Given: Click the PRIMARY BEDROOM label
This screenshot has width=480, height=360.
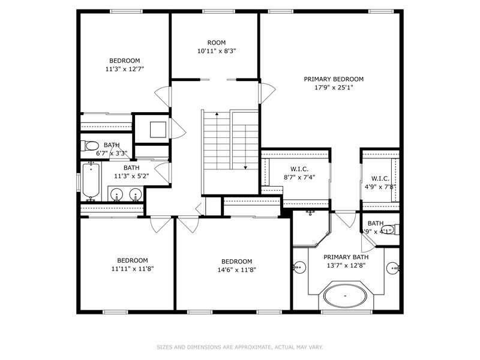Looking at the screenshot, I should pos(334,79).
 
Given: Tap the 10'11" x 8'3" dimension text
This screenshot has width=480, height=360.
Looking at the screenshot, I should pos(217,52).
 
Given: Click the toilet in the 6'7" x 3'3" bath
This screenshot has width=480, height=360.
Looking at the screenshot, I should pos(91,146).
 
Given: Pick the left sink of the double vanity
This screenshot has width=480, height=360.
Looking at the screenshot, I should pos(116,194).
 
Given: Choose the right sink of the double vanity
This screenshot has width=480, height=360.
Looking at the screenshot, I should pos(136,194).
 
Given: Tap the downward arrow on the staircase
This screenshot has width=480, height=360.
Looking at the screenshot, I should pos(245,167).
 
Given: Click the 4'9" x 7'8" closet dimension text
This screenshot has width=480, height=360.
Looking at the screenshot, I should pos(380,187).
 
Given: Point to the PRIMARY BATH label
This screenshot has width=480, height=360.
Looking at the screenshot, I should pos(346,257).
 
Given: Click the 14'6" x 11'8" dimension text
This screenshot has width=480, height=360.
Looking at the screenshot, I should pos(236,270).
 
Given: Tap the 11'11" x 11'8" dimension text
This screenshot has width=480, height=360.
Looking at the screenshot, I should pos(132,269).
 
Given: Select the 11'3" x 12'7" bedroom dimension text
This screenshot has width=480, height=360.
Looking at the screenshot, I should pos(124,69).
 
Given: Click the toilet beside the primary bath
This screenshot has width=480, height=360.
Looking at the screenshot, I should pos(389,229).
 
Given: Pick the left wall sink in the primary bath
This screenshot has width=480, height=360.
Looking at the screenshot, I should pos(298,266).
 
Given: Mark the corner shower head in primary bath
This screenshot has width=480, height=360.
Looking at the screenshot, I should pos(311,212).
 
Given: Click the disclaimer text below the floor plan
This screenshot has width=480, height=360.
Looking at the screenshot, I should pos(240,347).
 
